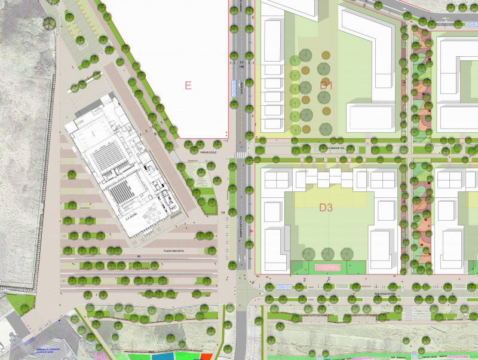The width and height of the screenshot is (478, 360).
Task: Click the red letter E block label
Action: [188, 86]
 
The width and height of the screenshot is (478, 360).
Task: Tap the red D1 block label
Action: [326, 86]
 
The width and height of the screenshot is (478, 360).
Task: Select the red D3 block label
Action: [326, 208]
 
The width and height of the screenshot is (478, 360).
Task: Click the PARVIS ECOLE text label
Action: [207, 152]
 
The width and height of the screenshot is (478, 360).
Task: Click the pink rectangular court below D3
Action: [327, 267]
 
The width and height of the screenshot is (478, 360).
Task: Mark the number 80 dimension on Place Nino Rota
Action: [138, 257]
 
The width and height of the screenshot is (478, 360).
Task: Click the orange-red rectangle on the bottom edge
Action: [204, 356]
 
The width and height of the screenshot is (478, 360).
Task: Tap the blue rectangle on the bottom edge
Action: [161, 356]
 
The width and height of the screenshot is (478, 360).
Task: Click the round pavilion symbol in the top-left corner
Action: [49, 23]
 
